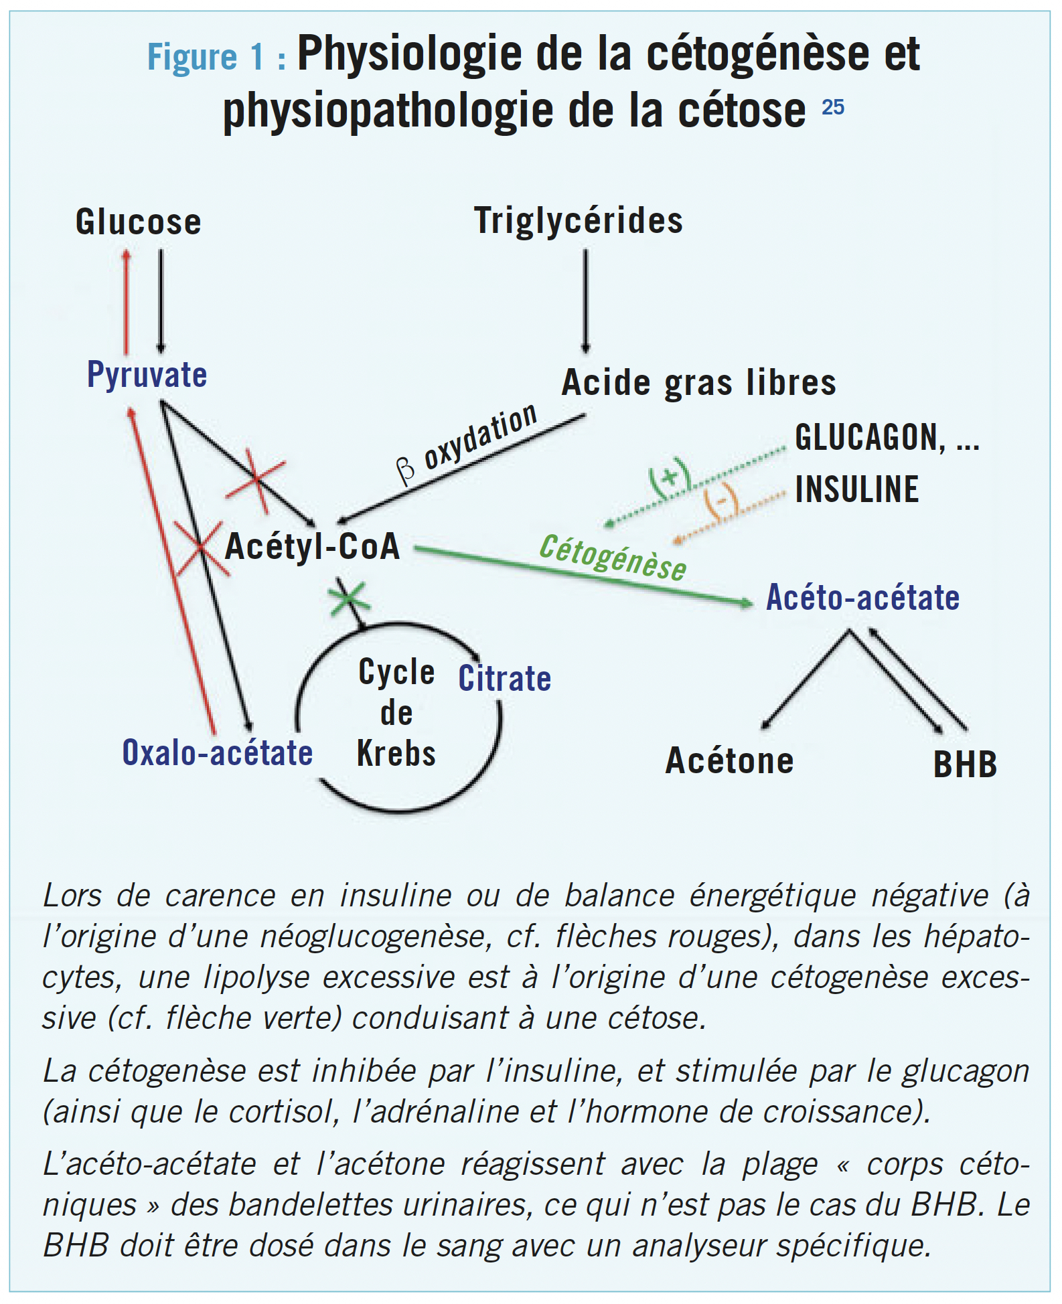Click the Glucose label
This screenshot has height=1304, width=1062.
(138, 222)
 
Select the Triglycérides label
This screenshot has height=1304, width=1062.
(579, 220)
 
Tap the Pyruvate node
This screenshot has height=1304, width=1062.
(147, 374)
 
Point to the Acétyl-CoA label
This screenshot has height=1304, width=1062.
(312, 546)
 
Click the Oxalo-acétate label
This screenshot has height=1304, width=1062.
(217, 752)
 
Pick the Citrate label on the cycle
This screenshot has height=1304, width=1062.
(504, 679)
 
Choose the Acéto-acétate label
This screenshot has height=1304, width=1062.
(862, 597)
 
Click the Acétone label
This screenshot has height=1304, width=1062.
(729, 761)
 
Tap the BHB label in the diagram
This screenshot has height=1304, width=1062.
(965, 764)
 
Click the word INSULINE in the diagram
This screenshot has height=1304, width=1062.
(856, 489)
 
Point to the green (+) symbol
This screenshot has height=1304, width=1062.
(669, 477)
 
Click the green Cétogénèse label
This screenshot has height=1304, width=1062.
(613, 558)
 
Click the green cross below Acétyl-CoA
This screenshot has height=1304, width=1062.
(348, 597)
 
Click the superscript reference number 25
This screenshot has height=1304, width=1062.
(833, 107)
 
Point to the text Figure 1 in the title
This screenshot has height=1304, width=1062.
(206, 57)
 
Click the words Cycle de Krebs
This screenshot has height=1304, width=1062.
(396, 712)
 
